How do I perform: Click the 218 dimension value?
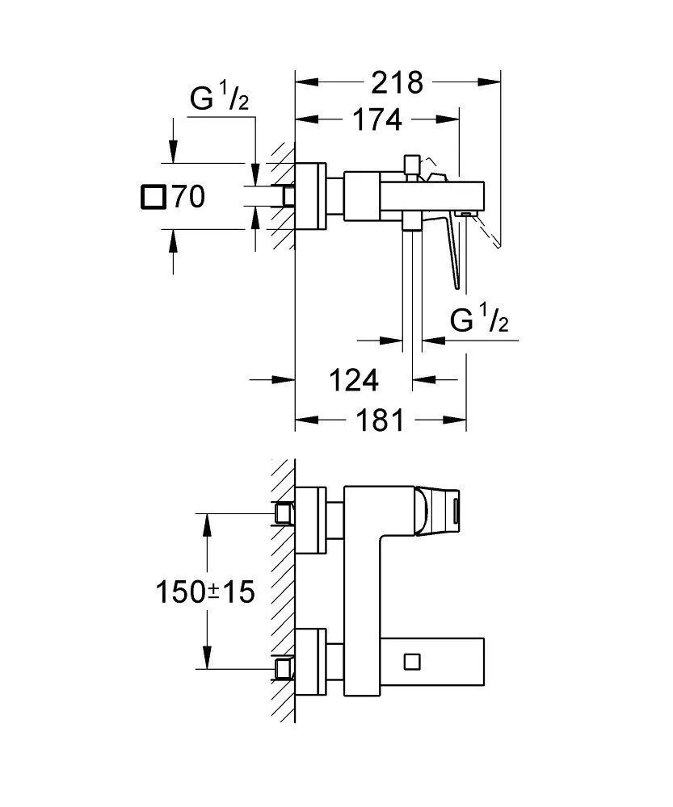398,82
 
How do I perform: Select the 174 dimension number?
376,120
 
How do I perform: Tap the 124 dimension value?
353,380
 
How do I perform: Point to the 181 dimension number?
376,420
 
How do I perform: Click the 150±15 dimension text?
205,592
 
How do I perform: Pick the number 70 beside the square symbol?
187,197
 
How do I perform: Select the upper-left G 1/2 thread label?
218,100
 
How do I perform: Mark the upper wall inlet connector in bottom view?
284,513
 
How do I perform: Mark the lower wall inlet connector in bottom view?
284,667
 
